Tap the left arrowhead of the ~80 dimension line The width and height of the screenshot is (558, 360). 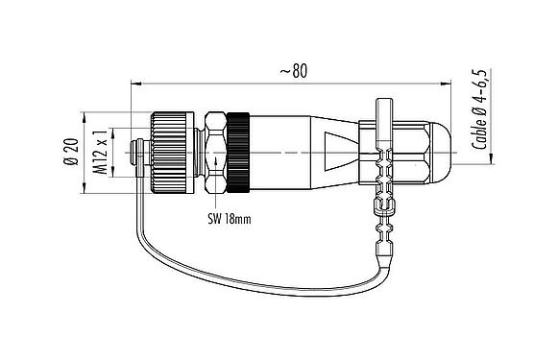(x=133, y=83)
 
